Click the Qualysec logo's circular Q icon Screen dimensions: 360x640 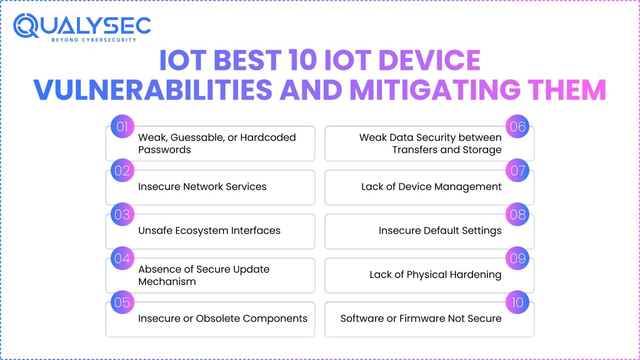click(x=26, y=26)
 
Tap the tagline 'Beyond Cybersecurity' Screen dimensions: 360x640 click(x=94, y=40)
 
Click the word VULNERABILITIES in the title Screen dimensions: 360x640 click(x=152, y=90)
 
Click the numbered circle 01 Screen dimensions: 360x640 click(x=122, y=127)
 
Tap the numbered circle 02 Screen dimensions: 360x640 click(x=122, y=170)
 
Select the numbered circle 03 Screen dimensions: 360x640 click(x=122, y=215)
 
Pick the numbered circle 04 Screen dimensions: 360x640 click(x=122, y=258)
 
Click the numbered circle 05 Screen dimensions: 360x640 click(x=122, y=302)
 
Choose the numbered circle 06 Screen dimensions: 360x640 click(x=517, y=127)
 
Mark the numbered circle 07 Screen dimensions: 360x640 click(x=517, y=170)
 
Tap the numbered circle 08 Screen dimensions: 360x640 click(x=517, y=215)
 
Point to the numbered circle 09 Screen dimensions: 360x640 click(x=517, y=258)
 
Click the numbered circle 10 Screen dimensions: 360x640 click(x=517, y=302)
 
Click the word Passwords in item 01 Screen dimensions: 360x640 click(x=165, y=150)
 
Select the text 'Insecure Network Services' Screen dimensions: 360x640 click(x=202, y=187)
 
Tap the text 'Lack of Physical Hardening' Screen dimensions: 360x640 click(x=435, y=275)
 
